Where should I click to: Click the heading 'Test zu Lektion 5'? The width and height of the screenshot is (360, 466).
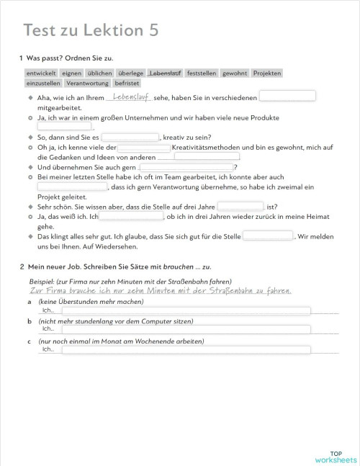[90, 30]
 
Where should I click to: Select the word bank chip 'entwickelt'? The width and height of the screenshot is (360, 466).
[41, 73]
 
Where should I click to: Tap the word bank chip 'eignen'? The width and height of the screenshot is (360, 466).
[71, 73]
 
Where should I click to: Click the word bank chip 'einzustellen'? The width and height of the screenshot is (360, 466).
[43, 83]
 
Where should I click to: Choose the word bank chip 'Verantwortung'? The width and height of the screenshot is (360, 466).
[87, 83]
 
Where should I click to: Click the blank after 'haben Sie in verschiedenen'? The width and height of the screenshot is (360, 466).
[287, 96]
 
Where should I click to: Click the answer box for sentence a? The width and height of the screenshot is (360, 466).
[186, 310]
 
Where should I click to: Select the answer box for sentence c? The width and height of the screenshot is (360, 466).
[186, 350]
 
